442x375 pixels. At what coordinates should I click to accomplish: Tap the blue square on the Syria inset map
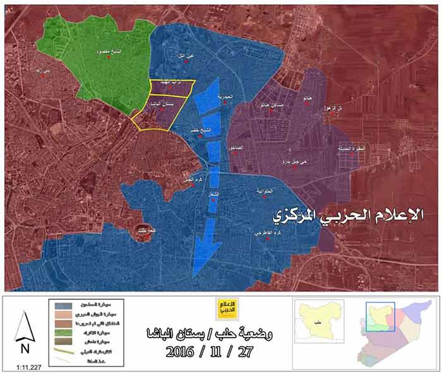click(380, 316)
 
